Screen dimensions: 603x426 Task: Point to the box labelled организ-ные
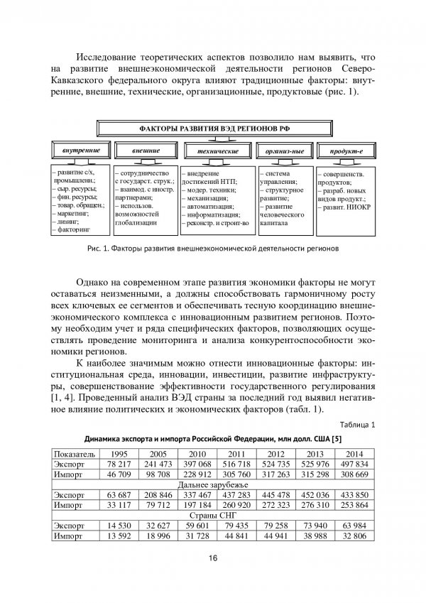pos(284,151)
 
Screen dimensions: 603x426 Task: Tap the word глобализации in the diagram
pos(137,222)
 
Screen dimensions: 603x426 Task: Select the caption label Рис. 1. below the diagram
pos(97,249)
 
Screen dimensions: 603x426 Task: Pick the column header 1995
pos(119,453)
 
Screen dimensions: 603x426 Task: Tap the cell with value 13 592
pos(119,536)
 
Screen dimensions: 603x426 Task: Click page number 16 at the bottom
pos(213,558)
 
